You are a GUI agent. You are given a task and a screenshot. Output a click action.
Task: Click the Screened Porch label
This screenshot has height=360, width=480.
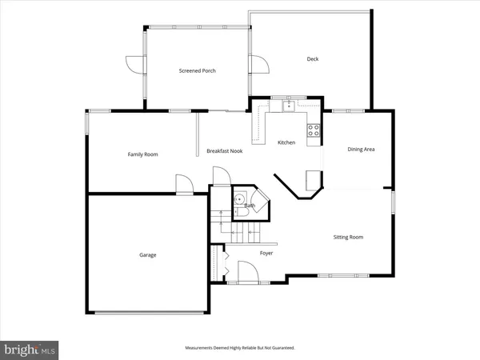pos(197,70)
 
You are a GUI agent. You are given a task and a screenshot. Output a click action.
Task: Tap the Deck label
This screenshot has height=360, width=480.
pos(313,58)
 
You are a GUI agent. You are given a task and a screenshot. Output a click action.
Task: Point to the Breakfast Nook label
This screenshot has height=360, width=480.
pos(223,151)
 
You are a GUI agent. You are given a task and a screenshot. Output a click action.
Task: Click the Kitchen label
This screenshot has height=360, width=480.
pos(286,142)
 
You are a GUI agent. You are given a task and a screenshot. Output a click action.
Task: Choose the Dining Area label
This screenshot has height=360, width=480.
pos(361,149)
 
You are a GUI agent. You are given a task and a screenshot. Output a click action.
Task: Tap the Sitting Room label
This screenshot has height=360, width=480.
pos(349,237)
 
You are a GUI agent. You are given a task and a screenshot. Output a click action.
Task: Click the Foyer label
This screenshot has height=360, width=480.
pos(266,253)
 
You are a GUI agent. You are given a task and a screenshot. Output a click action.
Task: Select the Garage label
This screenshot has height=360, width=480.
pos(145,255)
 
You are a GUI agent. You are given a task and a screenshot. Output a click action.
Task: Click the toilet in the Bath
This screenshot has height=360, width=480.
pos(239,199)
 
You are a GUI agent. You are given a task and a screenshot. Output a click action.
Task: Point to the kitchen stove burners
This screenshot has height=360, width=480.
pos(314,129)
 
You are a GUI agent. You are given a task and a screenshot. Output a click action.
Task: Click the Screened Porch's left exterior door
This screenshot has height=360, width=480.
pos(134,65)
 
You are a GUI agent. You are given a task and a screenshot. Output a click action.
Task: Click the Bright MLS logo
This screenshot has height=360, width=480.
pos(30,349)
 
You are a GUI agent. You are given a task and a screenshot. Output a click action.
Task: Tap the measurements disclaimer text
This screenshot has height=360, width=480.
pos(239,348)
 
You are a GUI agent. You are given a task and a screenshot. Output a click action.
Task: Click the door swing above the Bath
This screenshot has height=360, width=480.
pos(222,176)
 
